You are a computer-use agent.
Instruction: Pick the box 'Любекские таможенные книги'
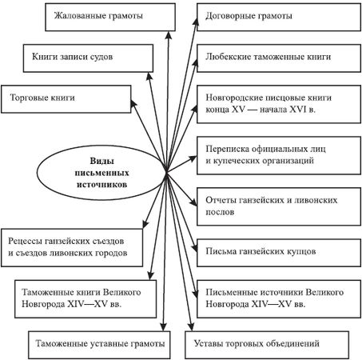272,57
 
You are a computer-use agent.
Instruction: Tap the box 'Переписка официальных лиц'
272,153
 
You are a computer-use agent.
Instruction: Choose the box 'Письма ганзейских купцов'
272,251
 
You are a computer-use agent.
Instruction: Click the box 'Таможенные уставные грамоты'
99,343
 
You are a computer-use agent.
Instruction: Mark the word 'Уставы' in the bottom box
209,343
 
